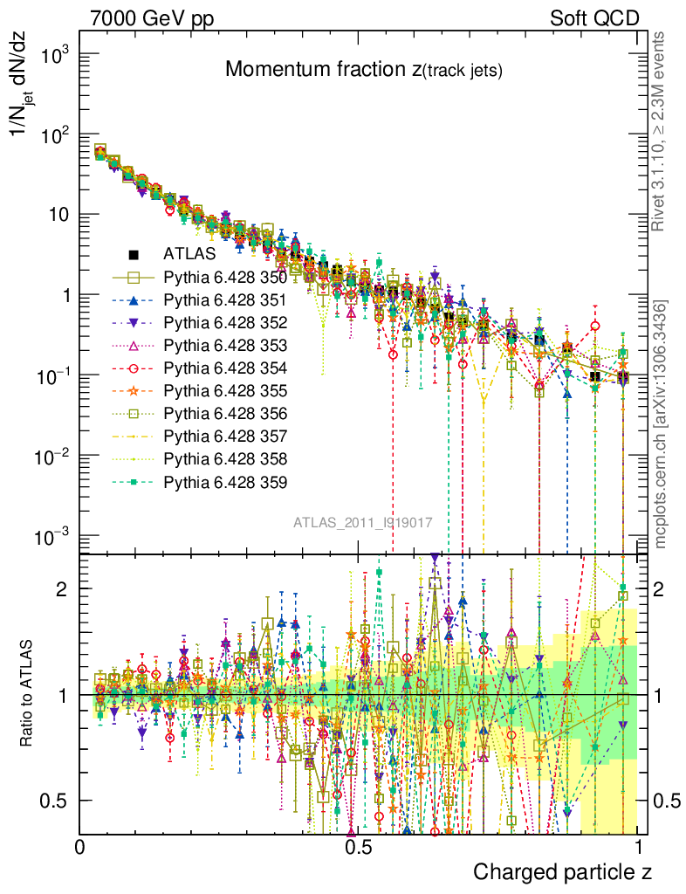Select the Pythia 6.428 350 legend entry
click(x=224, y=278)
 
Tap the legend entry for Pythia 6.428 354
click(x=224, y=368)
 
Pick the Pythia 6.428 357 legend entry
click(x=224, y=437)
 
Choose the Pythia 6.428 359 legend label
click(x=224, y=482)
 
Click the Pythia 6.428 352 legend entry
click(x=224, y=323)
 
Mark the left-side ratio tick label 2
click(x=62, y=588)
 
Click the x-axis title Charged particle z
click(x=562, y=872)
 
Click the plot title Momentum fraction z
click(x=363, y=70)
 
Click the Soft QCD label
click(x=594, y=17)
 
